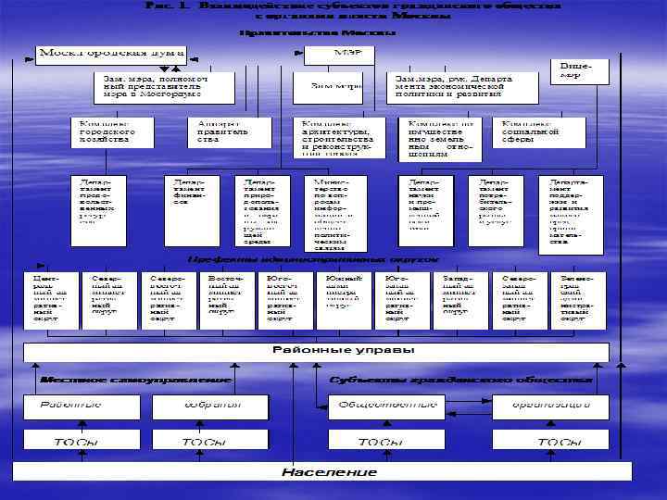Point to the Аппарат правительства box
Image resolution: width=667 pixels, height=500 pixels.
[218, 131]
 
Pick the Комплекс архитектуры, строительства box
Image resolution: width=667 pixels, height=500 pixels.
[336, 136]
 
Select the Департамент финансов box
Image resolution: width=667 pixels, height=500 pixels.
[191, 210]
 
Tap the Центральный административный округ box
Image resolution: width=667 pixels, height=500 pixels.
[49, 299]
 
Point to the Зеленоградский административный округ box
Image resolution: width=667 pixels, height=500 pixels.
[579, 299]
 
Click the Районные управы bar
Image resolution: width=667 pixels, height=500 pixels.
[315, 352]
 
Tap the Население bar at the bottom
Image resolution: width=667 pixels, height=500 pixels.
[315, 472]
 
